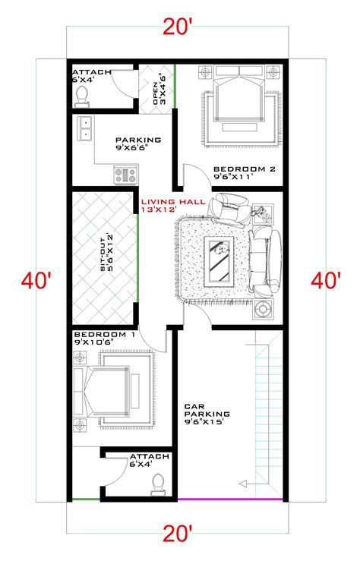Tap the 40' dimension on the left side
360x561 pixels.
click(36, 280)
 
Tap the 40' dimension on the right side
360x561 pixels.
click(325, 280)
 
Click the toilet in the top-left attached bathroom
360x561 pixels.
click(82, 95)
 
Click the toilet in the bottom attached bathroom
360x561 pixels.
click(158, 482)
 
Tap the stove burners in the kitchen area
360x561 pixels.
click(125, 175)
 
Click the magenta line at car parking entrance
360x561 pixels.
click(231, 500)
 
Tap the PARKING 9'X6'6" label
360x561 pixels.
click(137, 144)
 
